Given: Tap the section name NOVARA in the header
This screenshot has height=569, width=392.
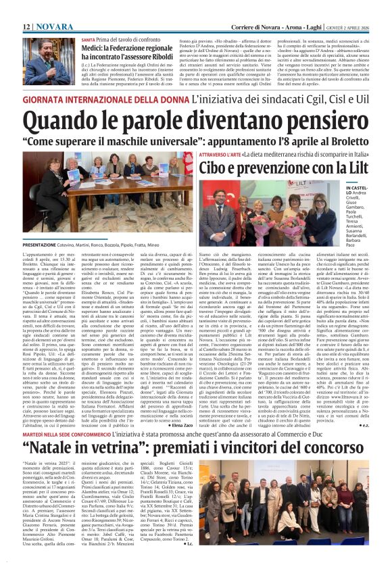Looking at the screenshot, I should pos(49,7).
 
